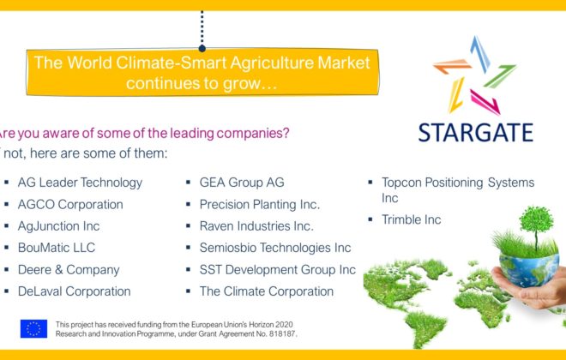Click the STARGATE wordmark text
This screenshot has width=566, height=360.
(475, 132)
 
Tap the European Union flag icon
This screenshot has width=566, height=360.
(33, 328)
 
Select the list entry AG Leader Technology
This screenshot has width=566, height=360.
(80, 183)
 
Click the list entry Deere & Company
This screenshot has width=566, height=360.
(69, 270)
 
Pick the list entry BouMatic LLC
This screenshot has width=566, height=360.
(57, 248)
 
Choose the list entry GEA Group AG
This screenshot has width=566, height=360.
(242, 183)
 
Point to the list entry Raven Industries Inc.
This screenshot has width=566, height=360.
(256, 226)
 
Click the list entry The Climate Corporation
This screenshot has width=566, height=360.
(267, 291)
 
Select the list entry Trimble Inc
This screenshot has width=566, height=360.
(411, 219)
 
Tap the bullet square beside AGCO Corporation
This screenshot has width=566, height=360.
(7, 204)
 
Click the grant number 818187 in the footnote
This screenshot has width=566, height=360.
(282, 334)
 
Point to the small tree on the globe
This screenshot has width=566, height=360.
(536, 225)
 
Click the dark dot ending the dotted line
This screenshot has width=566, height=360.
(202, 48)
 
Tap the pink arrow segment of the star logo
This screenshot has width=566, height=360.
(485, 102)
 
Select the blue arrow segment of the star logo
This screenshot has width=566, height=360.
(480, 53)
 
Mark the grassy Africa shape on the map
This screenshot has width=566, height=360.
(479, 299)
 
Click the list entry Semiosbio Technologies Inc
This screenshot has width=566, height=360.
(275, 248)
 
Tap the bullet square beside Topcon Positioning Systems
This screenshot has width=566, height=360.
(370, 183)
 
